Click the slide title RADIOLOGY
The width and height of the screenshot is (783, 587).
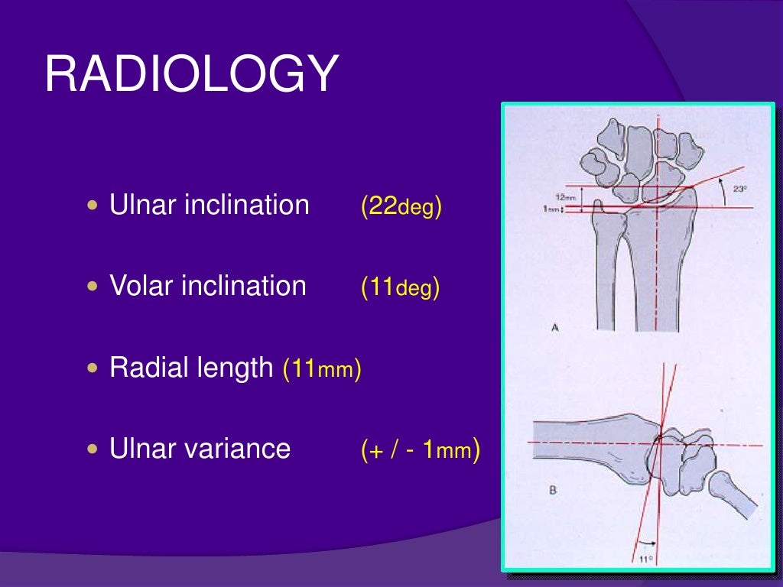coord(191,76)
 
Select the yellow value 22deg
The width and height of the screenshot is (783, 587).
coord(401,206)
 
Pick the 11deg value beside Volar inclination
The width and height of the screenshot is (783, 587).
coord(400,287)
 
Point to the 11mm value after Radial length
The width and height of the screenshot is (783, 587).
coord(322,369)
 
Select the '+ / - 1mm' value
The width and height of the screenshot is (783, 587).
coord(421,450)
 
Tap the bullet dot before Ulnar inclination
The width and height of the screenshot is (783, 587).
coord(93,206)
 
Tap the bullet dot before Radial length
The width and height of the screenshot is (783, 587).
coord(93,368)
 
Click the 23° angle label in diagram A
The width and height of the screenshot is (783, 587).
coord(740,189)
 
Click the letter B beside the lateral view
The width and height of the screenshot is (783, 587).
coord(552,490)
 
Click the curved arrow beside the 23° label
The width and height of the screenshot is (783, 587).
coord(722,196)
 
